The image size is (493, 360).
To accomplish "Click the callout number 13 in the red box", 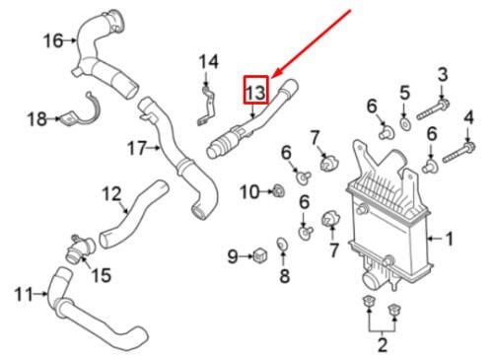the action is coord(255,93).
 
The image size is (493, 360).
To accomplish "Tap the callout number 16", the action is coord(53,40).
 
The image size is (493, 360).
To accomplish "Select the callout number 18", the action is coord(36,118).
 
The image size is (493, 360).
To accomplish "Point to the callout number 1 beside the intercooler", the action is coord(449,239).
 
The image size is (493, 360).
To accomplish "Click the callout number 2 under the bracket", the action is coord(383,345).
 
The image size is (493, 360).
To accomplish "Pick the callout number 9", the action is coord(233,256).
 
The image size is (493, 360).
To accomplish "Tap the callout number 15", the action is coord(102,275).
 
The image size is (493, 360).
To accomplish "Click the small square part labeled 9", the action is coord(260,255).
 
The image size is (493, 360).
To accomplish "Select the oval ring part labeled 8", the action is coord(283,244).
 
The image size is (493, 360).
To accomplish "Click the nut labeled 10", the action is coord(279,191).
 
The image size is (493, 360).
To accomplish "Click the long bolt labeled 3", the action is coord(433,110).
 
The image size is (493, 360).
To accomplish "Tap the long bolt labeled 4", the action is coord(459,152).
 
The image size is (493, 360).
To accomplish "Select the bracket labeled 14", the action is coord(206,106).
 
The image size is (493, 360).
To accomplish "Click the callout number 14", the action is coord(209,62).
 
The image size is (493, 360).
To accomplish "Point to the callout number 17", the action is coord(137,148).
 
